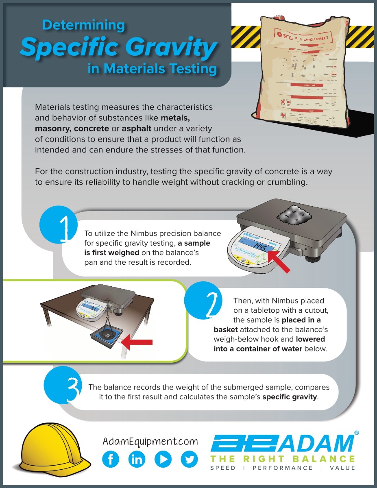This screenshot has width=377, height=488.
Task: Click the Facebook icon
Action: (x=111, y=459)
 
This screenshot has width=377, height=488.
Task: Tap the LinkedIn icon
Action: (x=137, y=459)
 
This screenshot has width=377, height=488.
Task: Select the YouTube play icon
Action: (x=163, y=459)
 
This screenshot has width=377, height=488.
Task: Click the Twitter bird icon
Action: (x=189, y=459)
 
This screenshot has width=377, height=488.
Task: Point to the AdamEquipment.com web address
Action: (x=150, y=441)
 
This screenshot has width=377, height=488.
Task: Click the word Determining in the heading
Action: (x=83, y=26)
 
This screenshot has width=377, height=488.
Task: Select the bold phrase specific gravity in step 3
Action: (x=289, y=396)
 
